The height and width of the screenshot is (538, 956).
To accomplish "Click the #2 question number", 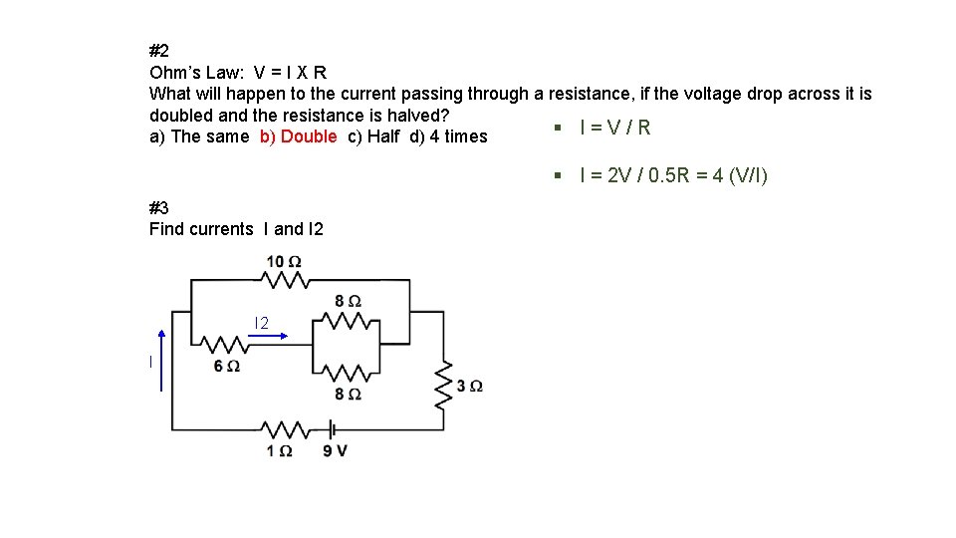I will (x=159, y=50).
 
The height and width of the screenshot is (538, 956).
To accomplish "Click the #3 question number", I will (x=159, y=207).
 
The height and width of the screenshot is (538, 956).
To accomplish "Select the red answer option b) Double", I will (x=298, y=136).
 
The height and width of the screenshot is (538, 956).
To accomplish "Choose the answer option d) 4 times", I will (x=448, y=136).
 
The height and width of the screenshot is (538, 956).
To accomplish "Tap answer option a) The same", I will (x=199, y=136).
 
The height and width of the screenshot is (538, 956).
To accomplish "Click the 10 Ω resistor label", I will (x=284, y=262).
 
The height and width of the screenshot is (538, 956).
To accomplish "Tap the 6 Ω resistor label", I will (x=226, y=367).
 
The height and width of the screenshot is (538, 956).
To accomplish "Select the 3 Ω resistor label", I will (x=470, y=386).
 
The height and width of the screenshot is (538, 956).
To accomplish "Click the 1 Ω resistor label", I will (x=279, y=450).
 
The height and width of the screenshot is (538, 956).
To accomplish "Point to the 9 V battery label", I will (x=335, y=450).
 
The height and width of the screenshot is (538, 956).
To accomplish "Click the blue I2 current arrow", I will (x=268, y=337).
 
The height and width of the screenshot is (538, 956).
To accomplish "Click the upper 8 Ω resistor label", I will (x=348, y=300).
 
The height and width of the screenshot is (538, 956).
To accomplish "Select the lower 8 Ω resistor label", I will (x=348, y=395).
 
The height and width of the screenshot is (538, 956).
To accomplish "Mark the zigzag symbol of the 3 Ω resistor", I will (x=442, y=384).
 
